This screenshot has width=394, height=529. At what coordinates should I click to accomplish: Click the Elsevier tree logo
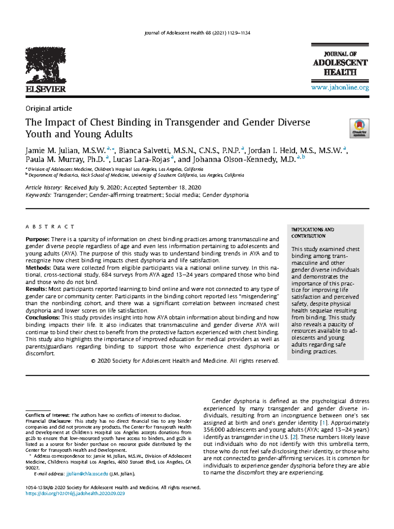tap(46, 66)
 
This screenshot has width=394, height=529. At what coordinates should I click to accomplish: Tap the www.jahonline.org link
tap(340, 88)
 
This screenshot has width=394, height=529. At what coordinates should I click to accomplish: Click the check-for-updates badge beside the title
tap(360, 128)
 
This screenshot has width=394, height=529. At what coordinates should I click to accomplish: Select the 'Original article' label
tap(49, 109)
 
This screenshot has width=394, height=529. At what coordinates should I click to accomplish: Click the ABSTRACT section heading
tap(50, 227)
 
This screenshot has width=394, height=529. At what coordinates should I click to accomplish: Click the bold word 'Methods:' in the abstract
tap(38, 268)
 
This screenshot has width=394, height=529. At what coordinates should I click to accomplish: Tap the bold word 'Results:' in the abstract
tap(36, 289)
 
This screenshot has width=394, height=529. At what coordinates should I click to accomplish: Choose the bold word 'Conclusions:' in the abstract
tap(43, 318)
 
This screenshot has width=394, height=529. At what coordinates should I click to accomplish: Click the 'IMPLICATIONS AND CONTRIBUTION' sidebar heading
tap(313, 233)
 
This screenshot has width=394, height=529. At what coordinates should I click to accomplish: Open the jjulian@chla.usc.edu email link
tap(87, 474)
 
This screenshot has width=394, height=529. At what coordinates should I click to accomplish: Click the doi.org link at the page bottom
tap(75, 494)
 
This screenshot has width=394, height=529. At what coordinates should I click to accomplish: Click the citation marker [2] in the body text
tap(294, 437)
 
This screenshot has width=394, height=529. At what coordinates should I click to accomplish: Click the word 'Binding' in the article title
tap(132, 122)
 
